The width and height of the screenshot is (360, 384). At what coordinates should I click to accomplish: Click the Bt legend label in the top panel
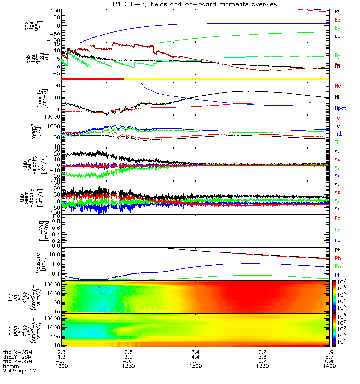338,11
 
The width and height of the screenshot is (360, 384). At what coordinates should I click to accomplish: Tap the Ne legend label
338,86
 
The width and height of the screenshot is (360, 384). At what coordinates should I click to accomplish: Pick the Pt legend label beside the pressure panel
338,251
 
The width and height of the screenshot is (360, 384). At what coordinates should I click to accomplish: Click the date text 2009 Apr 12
19,371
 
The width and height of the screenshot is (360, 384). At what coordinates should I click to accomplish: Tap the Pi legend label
338,274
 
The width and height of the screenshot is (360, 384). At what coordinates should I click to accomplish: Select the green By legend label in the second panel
338,56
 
